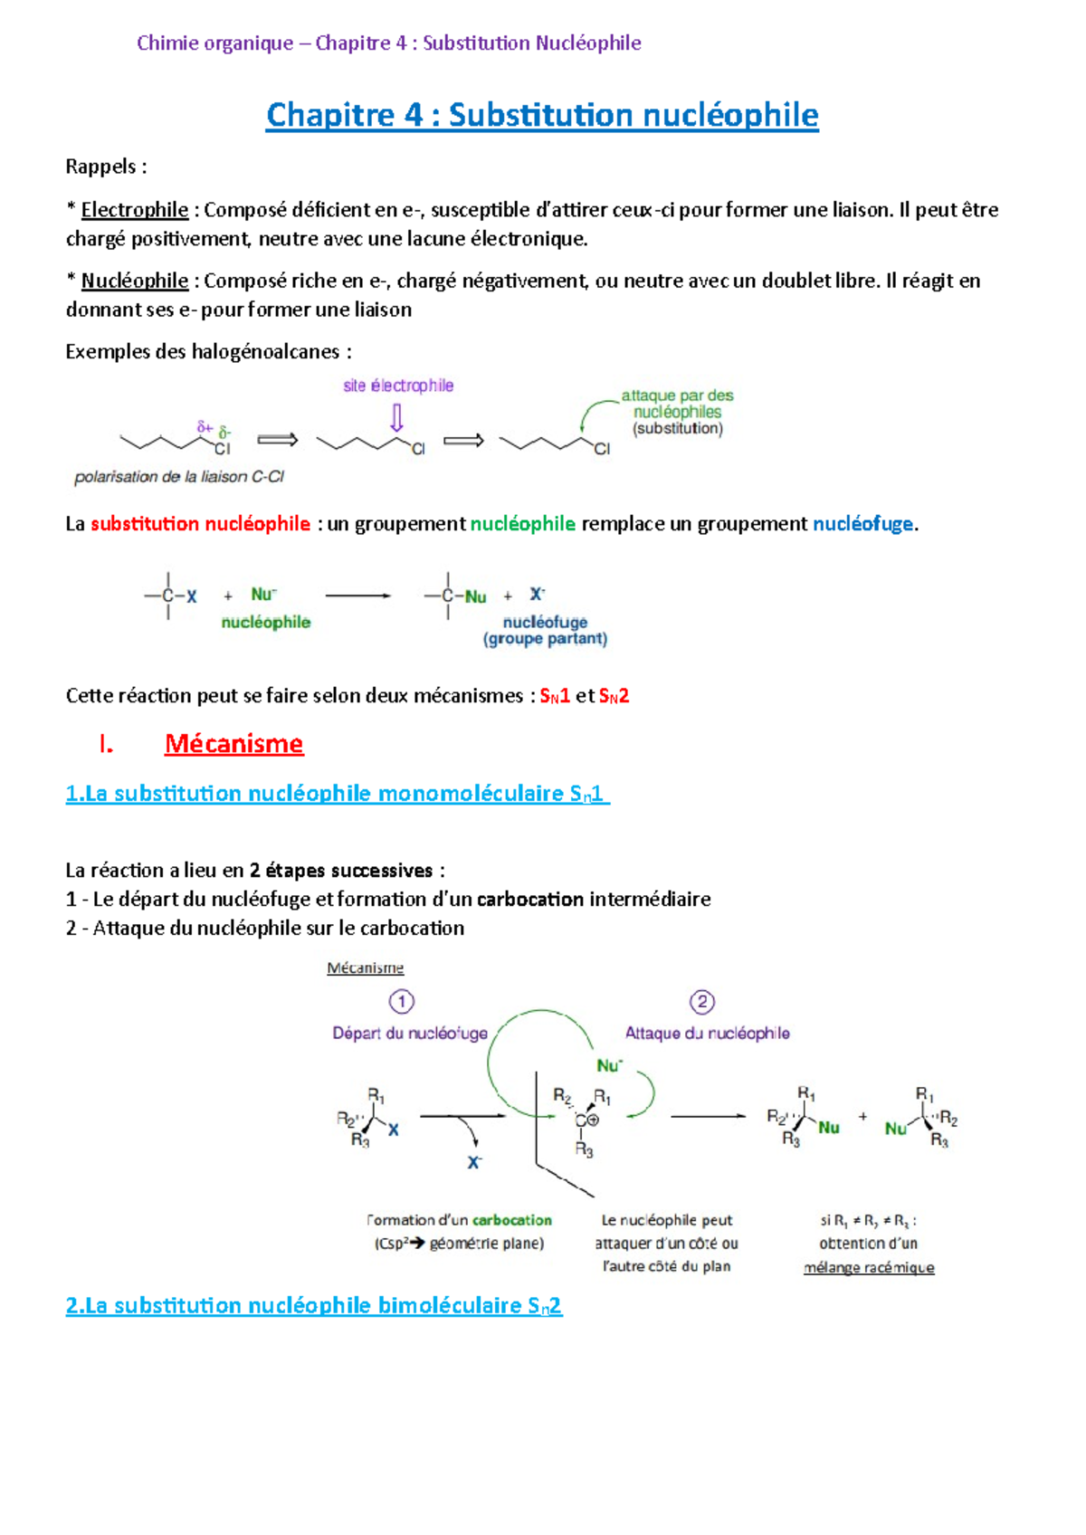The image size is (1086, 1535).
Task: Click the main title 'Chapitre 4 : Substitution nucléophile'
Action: pyautogui.click(x=542, y=115)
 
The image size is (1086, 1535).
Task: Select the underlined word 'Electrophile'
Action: pyautogui.click(x=135, y=210)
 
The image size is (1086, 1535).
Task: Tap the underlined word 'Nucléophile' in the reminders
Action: pyautogui.click(x=135, y=281)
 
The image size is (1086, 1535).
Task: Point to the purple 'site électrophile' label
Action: pyautogui.click(x=398, y=386)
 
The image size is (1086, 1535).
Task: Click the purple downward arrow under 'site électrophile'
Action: pyautogui.click(x=396, y=417)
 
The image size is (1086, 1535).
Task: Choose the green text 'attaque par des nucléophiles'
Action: pyautogui.click(x=677, y=404)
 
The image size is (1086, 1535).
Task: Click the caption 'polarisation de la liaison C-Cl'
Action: pyautogui.click(x=179, y=477)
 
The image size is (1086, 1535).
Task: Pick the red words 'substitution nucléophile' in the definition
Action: pyautogui.click(x=200, y=524)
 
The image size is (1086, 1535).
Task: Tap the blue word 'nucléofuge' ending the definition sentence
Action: pyautogui.click(x=862, y=524)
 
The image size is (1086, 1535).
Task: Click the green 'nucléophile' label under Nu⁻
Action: pyautogui.click(x=266, y=623)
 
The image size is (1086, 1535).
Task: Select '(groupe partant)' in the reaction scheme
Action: pyautogui.click(x=545, y=639)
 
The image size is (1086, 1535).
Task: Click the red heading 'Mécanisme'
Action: pyautogui.click(x=233, y=744)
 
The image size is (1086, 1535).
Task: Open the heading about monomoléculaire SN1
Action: pyautogui.click(x=337, y=794)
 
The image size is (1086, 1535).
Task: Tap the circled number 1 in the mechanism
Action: pyautogui.click(x=401, y=1002)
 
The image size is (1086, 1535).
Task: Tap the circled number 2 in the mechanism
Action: pyautogui.click(x=702, y=1002)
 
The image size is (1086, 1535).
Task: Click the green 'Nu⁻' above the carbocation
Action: pyautogui.click(x=609, y=1066)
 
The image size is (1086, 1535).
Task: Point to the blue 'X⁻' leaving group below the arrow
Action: pyautogui.click(x=474, y=1162)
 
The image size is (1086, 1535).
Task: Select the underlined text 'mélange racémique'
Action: pyautogui.click(x=869, y=1268)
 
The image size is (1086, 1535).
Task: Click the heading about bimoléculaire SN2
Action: pyautogui.click(x=313, y=1306)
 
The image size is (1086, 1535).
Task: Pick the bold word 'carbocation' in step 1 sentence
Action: pyautogui.click(x=530, y=900)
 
